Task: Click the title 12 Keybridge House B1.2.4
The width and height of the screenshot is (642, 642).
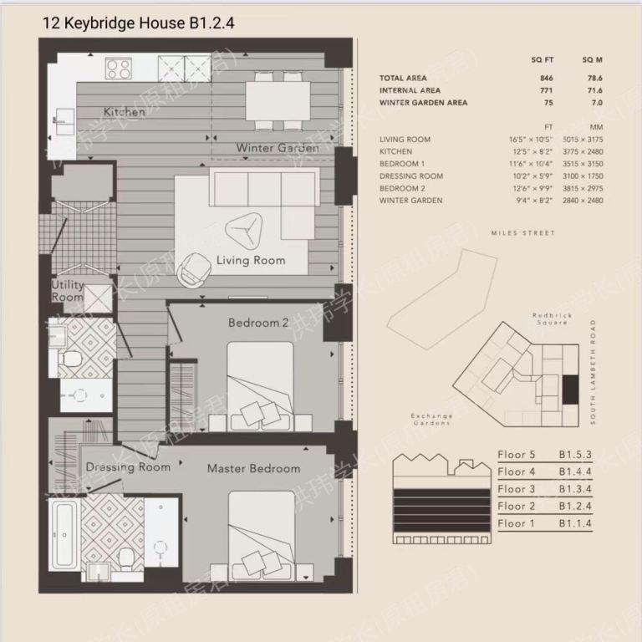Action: click(139, 23)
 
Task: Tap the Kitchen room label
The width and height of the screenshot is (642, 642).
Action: click(125, 111)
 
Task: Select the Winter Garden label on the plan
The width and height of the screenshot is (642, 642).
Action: click(277, 148)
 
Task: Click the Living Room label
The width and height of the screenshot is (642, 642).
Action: click(251, 260)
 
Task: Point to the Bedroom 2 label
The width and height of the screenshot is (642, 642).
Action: click(258, 323)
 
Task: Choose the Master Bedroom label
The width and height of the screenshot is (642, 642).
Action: click(253, 468)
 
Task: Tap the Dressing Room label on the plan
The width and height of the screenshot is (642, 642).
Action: click(128, 466)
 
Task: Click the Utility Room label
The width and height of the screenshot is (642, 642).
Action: click(68, 291)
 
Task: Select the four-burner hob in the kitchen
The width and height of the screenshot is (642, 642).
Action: click(119, 68)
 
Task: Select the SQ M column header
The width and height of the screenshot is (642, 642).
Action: click(593, 61)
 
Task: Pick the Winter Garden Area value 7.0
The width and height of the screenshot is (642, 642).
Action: click(597, 103)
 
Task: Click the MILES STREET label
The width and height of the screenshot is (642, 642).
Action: click(523, 233)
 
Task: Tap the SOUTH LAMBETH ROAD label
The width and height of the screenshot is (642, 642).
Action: click(594, 371)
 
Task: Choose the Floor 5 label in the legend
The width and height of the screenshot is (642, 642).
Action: click(516, 455)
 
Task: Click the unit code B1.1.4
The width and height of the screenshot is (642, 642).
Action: click(576, 523)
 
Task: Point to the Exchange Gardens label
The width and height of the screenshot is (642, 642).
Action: click(432, 419)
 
